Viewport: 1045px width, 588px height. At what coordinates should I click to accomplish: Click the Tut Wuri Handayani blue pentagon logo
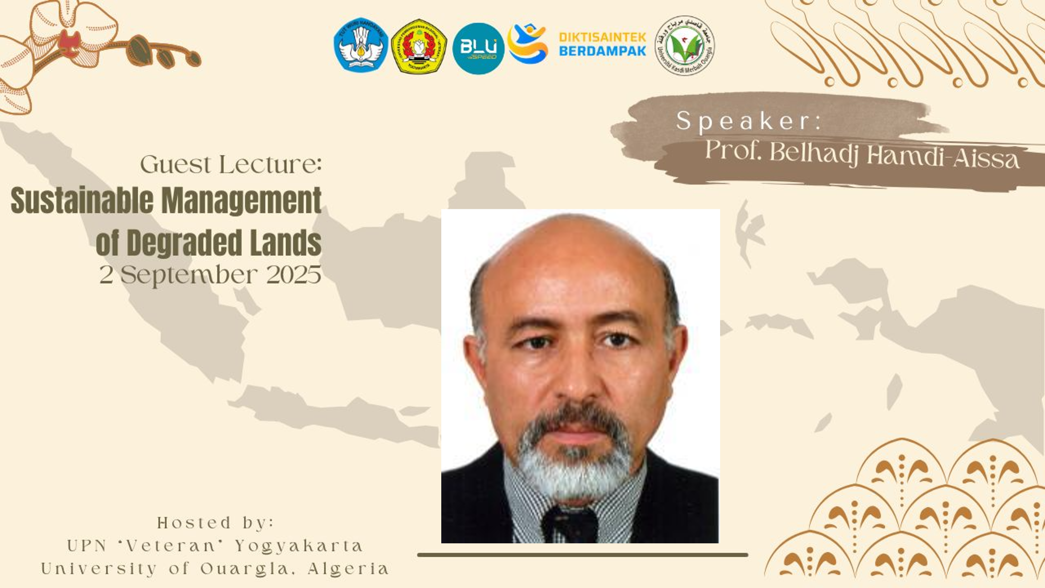(x=361, y=45)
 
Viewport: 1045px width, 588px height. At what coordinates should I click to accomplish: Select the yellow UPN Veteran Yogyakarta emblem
(x=419, y=46)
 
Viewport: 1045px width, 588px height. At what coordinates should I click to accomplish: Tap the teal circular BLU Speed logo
(x=478, y=48)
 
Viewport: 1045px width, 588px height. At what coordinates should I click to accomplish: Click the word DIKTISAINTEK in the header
(x=602, y=38)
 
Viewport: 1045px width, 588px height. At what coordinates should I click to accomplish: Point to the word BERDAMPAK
(x=602, y=51)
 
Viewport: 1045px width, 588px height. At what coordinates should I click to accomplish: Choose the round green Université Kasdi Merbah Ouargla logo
(x=684, y=46)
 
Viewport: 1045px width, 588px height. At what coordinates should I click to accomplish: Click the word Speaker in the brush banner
(x=749, y=121)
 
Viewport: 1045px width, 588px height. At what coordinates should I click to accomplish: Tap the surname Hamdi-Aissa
(x=943, y=157)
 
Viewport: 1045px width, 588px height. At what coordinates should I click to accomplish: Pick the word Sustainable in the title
(x=82, y=200)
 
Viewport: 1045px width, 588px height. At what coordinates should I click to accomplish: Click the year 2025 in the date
(x=294, y=275)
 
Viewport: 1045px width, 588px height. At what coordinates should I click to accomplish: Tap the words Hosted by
(x=216, y=523)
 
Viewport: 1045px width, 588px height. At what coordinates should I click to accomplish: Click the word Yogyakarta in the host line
(x=300, y=546)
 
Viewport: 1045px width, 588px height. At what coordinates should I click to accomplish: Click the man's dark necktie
(x=570, y=525)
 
